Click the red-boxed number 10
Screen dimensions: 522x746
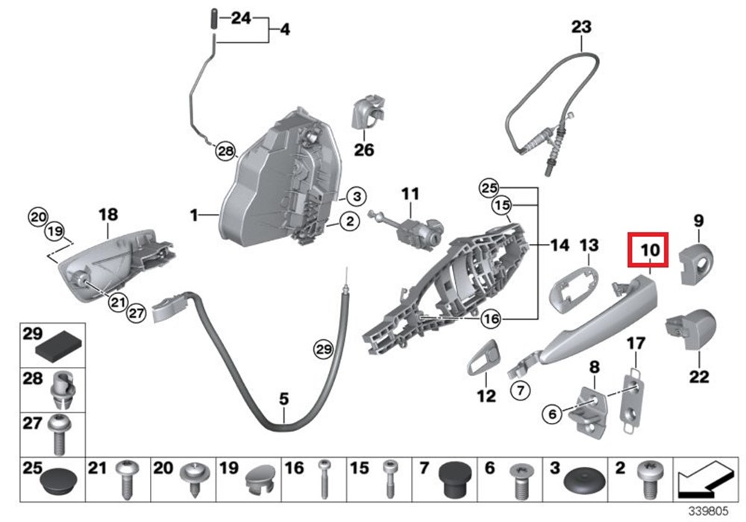[x=648, y=251]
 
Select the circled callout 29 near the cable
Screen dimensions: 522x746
[x=322, y=348]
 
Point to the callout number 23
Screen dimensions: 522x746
[x=581, y=28]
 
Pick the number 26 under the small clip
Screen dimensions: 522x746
[x=364, y=150]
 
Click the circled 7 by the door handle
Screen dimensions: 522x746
[x=520, y=389]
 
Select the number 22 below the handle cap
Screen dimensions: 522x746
[x=699, y=377]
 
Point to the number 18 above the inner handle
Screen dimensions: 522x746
[x=108, y=215]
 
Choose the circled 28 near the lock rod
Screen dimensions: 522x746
[x=225, y=152]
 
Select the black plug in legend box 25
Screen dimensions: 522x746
[x=57, y=480]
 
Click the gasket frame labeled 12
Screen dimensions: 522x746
[x=484, y=358]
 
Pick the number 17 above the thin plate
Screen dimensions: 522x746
[x=635, y=344]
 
